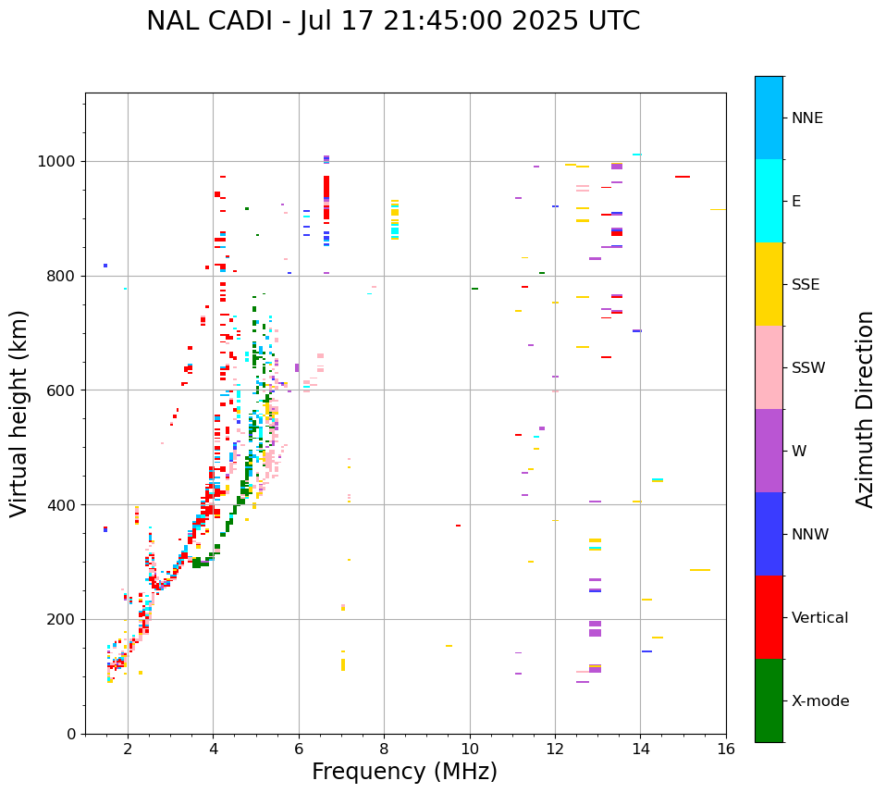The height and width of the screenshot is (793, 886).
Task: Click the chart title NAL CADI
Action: [393, 21]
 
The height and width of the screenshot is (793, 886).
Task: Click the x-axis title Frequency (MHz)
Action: [404, 772]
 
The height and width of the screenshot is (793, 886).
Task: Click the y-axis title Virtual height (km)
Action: [19, 413]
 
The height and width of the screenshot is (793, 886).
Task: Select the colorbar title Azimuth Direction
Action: [865, 409]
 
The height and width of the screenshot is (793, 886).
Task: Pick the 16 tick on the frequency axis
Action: [726, 749]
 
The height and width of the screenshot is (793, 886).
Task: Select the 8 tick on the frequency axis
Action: [384, 749]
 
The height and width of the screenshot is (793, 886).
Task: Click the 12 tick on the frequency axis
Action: [555, 749]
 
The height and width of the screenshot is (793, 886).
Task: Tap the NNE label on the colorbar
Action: [807, 118]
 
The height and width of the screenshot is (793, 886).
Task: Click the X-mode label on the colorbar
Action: [820, 701]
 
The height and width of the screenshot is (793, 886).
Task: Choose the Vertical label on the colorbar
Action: [819, 618]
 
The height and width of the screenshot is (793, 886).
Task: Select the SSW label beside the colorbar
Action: [808, 368]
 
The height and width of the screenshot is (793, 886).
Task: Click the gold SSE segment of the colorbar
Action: [769, 284]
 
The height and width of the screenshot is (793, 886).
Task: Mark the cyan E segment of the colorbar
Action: [769, 201]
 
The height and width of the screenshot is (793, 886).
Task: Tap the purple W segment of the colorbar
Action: [769, 451]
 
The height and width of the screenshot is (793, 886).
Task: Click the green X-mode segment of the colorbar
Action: [769, 700]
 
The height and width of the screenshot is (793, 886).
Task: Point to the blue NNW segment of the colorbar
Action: [769, 534]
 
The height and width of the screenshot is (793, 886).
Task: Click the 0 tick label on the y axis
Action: [69, 734]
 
